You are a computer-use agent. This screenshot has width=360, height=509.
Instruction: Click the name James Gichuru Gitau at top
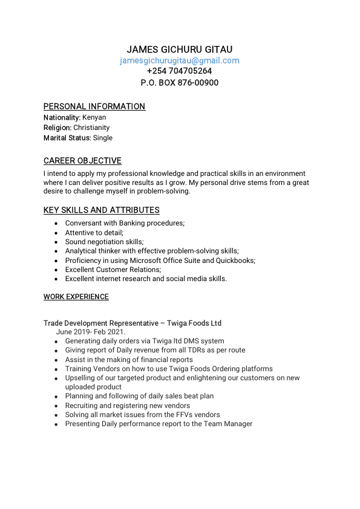point(180,50)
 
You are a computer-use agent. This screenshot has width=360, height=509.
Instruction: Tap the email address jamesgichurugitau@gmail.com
point(180,60)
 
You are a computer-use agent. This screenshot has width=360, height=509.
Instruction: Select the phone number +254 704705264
point(180,71)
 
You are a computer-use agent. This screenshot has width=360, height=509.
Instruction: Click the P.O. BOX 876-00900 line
point(180,82)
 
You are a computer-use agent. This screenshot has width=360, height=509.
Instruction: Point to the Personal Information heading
point(94,106)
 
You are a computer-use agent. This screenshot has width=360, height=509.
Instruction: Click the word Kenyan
point(94,117)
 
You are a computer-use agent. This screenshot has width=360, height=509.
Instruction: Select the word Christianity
point(91,128)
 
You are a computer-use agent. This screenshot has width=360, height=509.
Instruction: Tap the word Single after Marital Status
point(102,138)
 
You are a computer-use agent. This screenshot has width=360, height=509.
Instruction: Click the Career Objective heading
point(82,161)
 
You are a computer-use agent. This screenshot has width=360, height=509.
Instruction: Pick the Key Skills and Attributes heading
point(102,210)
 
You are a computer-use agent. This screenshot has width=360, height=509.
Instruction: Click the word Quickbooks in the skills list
point(235,261)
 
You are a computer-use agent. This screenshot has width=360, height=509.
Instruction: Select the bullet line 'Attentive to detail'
point(94,233)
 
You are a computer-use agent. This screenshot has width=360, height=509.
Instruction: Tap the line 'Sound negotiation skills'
point(105,242)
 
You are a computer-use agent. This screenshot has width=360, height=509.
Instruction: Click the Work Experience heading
point(76,297)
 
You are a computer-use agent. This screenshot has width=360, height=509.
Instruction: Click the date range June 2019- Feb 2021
point(91,332)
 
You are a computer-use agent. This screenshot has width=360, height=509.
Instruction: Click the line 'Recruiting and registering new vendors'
point(128,406)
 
